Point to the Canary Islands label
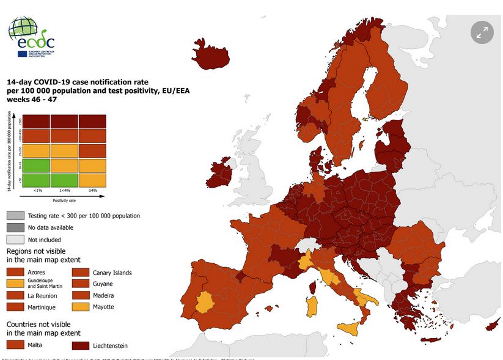pos(112,273)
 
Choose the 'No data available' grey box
pos(15,227)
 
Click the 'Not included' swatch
pos(15,240)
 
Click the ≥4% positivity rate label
pos(92,191)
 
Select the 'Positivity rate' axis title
pos(64,200)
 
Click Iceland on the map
pos(211,57)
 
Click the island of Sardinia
pos(312,306)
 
